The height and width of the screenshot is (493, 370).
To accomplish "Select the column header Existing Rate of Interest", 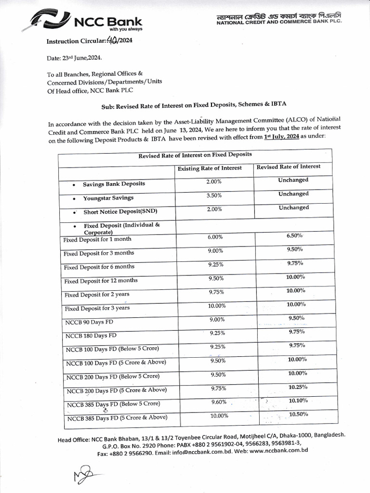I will [x=210, y=168].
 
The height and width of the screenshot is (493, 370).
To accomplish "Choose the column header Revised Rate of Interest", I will [x=288, y=167].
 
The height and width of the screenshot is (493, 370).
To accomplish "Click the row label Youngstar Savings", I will [x=108, y=198].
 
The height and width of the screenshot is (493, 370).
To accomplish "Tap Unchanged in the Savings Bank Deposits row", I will [x=293, y=180].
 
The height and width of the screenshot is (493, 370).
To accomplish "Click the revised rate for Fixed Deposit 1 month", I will [x=294, y=236].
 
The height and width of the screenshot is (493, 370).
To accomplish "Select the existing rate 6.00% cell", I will [x=215, y=237].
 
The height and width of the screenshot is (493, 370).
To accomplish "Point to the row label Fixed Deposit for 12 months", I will [x=101, y=281].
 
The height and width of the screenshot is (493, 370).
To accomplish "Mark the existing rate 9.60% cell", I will [x=219, y=402].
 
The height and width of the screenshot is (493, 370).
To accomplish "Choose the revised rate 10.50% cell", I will [x=299, y=415].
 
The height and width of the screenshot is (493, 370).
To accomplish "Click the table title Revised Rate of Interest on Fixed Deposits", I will [x=195, y=156].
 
